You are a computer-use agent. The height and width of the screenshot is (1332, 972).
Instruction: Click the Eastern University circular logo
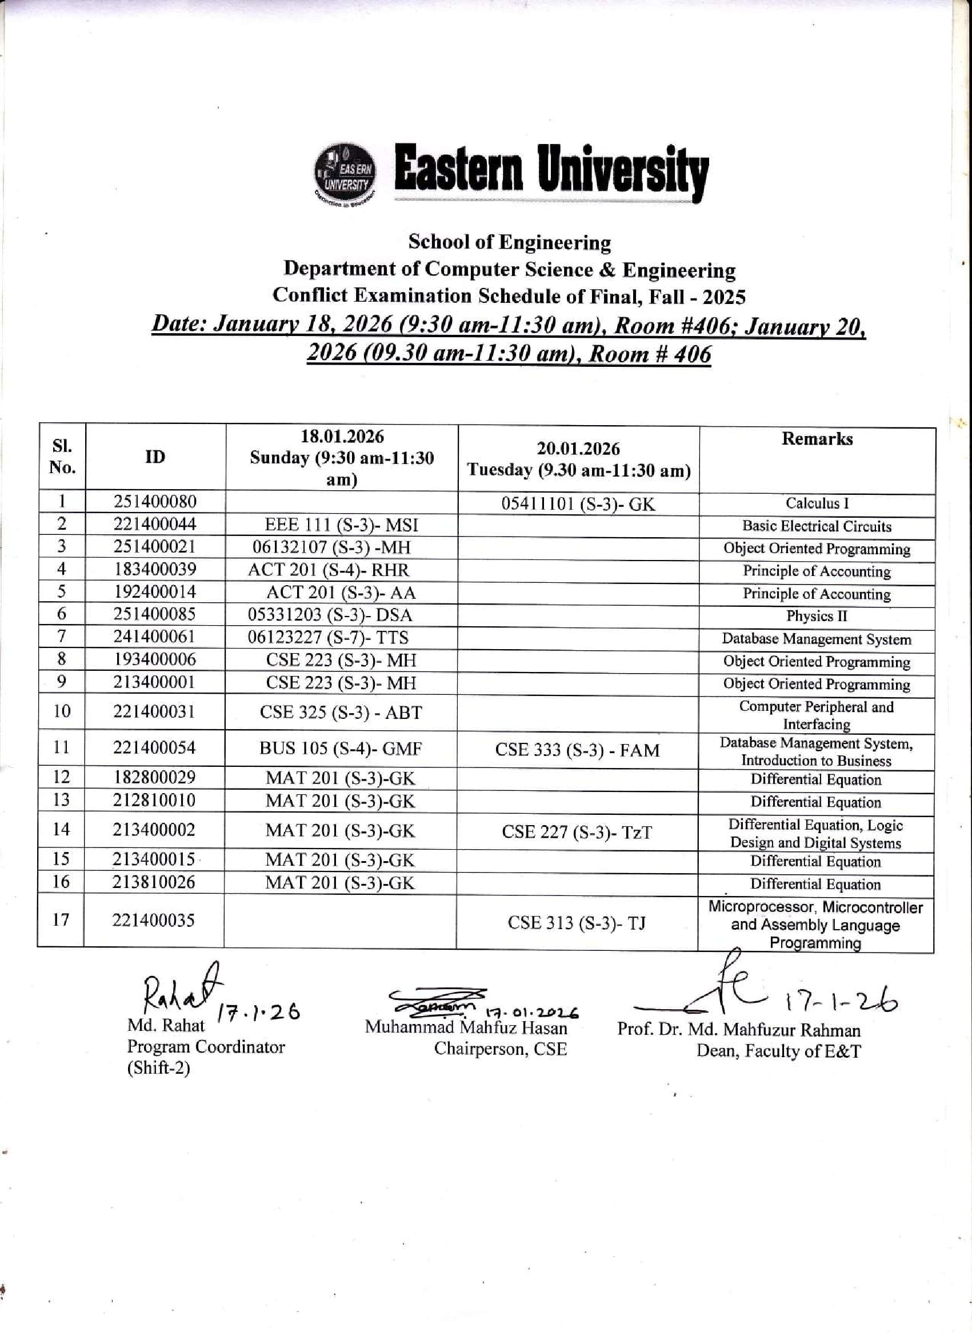345,175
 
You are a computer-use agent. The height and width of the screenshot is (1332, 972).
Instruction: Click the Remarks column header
817,439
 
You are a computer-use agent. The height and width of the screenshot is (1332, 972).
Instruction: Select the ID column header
155,457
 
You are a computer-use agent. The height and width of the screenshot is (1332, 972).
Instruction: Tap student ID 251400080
155,502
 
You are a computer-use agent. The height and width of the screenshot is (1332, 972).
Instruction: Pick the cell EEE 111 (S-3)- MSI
341,525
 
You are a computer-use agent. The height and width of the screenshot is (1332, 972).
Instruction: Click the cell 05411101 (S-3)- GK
578,504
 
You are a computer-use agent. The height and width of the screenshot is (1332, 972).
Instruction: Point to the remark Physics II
817,616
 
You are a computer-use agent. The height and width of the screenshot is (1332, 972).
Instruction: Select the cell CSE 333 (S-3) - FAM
577,750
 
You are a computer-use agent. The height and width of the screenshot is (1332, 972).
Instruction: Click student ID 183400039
155,570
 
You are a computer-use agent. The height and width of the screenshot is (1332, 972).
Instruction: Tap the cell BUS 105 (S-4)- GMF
341,749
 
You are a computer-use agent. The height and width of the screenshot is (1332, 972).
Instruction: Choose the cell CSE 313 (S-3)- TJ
577,923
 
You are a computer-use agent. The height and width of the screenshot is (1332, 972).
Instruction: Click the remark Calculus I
817,503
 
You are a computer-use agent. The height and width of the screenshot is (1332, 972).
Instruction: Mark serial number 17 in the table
61,919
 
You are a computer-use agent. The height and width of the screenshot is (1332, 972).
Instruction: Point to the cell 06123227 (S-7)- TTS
328,637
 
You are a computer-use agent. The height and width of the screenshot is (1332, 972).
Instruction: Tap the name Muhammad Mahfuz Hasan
466,1028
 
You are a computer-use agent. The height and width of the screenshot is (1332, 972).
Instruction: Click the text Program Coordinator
206,1047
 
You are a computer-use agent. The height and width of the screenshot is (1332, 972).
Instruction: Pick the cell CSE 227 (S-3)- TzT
577,833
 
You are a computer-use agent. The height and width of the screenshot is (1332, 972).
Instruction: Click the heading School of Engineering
510,242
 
